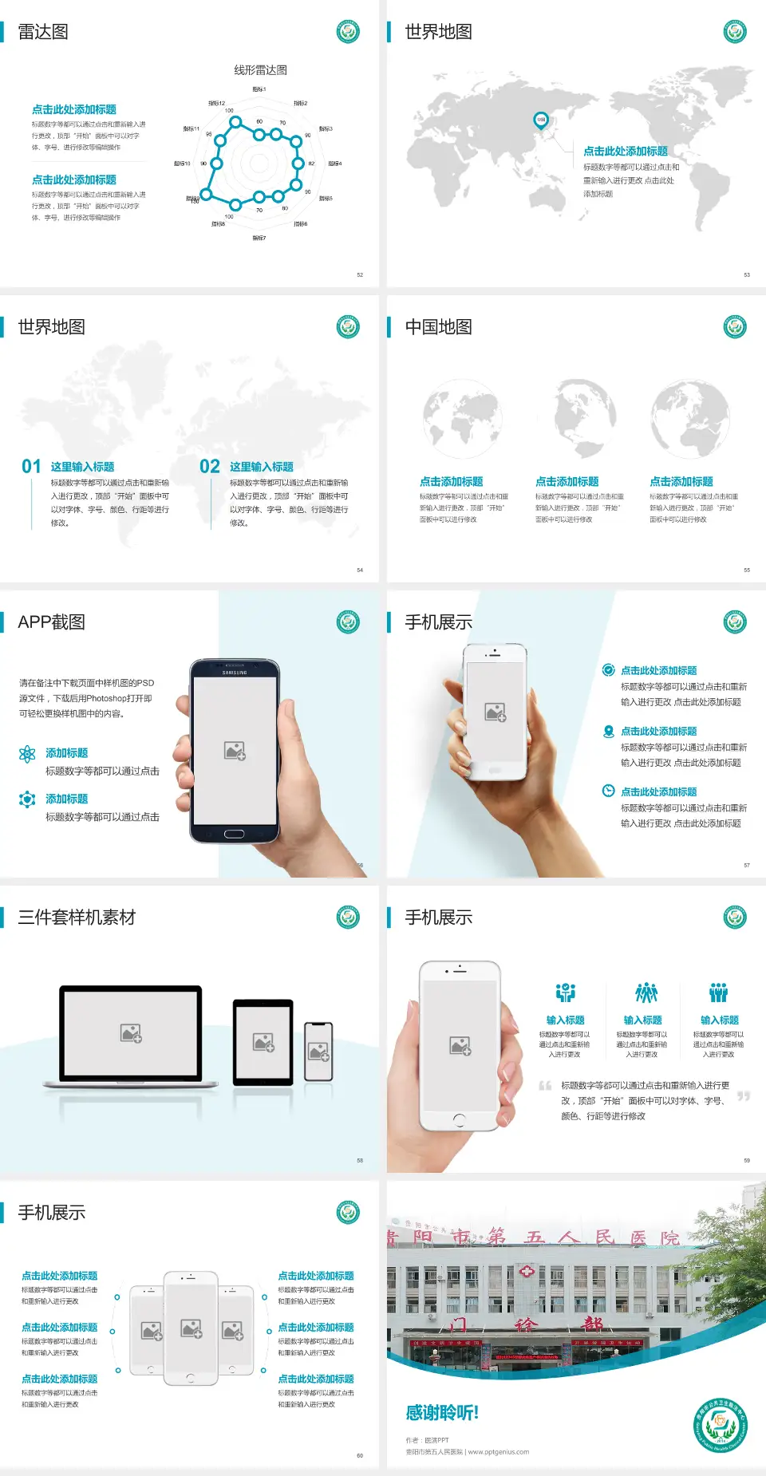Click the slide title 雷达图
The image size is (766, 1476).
click(43, 32)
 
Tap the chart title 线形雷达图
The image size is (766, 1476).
click(260, 70)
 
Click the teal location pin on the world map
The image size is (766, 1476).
click(540, 120)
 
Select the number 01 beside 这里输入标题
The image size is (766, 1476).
click(31, 467)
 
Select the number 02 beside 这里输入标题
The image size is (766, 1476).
click(210, 467)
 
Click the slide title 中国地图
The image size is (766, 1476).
click(438, 327)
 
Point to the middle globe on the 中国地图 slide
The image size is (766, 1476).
click(585, 415)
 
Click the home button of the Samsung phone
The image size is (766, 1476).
click(234, 834)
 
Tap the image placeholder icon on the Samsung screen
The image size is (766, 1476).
click(235, 751)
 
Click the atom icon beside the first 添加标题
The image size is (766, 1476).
click(27, 754)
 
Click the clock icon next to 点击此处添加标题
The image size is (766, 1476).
click(608, 791)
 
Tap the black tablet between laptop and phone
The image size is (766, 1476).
click(263, 1042)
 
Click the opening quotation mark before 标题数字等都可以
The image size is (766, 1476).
click(545, 1085)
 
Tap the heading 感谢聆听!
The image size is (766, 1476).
click(442, 1413)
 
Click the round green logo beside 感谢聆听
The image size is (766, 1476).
click(721, 1425)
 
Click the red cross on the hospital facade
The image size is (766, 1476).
click(527, 1270)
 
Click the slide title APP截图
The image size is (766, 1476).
click(51, 622)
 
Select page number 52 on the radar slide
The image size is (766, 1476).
click(360, 275)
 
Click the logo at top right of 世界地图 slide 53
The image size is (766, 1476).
click(734, 32)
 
